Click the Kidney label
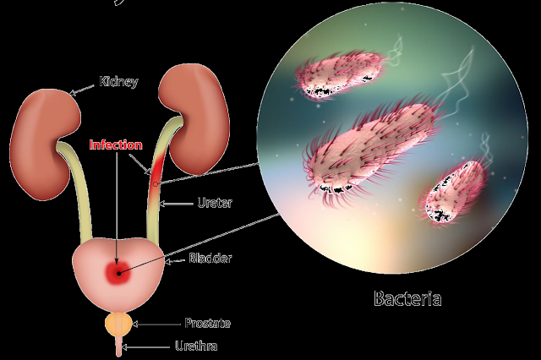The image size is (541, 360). [x=118, y=82]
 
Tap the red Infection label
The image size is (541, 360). [x=115, y=145]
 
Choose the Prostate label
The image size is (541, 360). [x=207, y=323]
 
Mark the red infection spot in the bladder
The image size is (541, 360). [x=117, y=271]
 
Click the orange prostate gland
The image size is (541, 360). [x=117, y=322]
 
